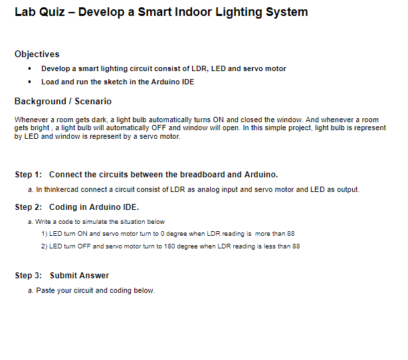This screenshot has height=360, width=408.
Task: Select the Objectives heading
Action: [x=37, y=54]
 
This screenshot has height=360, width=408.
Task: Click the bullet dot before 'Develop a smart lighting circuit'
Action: [x=30, y=69]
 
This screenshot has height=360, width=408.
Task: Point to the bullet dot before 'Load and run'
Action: [x=30, y=82]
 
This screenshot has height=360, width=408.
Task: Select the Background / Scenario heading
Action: [x=63, y=102]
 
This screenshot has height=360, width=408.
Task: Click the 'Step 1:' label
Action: [x=29, y=175]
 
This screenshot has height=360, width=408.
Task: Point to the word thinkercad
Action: [x=60, y=189]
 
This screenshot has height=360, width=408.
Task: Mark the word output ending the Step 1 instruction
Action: [x=348, y=189]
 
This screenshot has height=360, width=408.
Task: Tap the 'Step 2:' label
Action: [x=29, y=207]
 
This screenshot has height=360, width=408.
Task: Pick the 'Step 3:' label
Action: [x=29, y=276]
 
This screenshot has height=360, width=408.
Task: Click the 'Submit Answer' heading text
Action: [x=79, y=276]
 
